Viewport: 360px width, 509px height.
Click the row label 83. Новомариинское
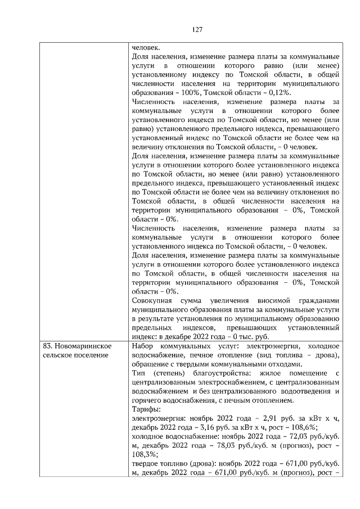pos(76,345)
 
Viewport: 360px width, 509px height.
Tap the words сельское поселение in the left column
pos(75,354)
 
